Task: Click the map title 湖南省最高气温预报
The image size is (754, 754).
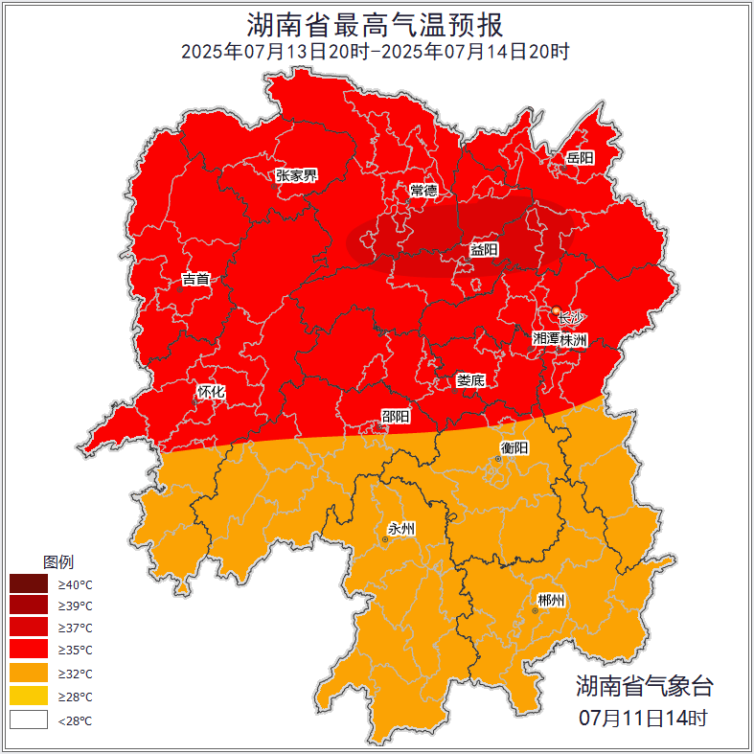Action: point(376,24)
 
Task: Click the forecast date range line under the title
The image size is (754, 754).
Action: point(376,52)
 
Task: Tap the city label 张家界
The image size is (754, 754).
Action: point(296,175)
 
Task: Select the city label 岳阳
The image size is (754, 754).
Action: point(580,158)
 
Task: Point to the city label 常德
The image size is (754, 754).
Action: point(423,191)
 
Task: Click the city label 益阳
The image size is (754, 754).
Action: point(484,249)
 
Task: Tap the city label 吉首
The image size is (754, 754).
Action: point(195,280)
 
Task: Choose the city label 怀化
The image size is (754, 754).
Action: point(211,392)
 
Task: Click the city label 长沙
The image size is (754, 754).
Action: point(571,317)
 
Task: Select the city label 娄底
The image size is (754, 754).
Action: point(470,380)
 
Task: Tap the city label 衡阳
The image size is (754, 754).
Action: point(514,447)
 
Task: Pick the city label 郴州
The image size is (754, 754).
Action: point(551,601)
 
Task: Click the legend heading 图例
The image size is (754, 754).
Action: point(58,561)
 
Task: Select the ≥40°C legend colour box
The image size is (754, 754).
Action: point(29,583)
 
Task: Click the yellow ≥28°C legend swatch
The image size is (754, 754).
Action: point(29,697)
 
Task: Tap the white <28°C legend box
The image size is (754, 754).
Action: point(29,720)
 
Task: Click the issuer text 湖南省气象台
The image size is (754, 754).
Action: point(644,686)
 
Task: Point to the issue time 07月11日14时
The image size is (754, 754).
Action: point(644,717)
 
